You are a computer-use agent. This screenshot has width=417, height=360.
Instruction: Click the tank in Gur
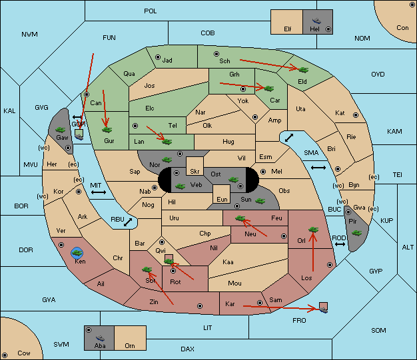click(x=107, y=130)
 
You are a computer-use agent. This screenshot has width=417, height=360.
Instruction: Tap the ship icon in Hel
click(x=316, y=21)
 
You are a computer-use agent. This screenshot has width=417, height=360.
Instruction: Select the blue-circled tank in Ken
click(x=77, y=253)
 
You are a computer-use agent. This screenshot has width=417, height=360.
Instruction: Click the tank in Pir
click(x=356, y=233)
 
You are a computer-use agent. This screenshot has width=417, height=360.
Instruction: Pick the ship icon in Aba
click(x=101, y=338)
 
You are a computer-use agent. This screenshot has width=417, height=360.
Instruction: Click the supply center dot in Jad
click(x=158, y=57)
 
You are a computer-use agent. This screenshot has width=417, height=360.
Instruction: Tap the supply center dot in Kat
click(x=356, y=115)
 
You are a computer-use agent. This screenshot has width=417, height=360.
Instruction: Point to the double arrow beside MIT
click(x=99, y=192)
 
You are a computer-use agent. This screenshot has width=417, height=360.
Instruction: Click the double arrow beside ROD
click(x=340, y=244)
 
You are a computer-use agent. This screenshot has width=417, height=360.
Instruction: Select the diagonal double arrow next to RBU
click(x=128, y=222)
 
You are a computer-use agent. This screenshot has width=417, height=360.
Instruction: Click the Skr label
click(x=195, y=172)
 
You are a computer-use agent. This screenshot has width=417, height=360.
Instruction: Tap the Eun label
click(x=222, y=199)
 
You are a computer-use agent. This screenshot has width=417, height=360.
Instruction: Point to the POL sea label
click(x=151, y=11)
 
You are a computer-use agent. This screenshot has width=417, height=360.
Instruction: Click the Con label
click(x=402, y=28)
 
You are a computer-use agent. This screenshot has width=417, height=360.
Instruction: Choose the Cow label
click(x=24, y=353)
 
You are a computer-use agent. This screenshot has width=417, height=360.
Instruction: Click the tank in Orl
click(x=313, y=230)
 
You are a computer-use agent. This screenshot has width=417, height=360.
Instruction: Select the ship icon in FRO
click(x=323, y=309)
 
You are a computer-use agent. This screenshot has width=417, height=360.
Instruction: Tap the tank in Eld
click(x=303, y=70)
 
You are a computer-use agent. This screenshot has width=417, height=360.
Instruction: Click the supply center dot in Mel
click(x=263, y=172)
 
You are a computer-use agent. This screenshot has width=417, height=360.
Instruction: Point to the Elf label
click(x=288, y=29)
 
